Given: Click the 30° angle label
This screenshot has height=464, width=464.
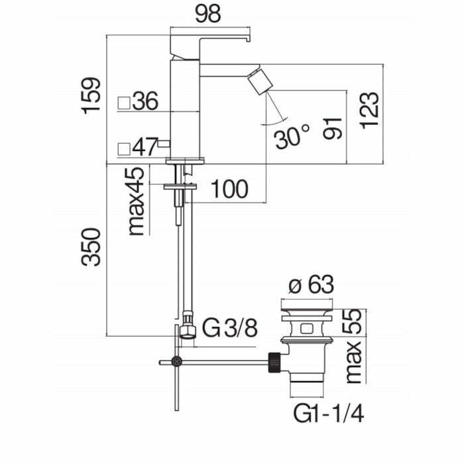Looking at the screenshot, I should click(292, 138).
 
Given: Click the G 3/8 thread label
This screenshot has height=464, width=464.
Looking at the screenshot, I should click(229, 328).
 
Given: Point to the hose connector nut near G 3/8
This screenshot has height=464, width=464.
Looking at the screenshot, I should click(186, 329).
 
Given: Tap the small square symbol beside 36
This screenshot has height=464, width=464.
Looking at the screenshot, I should click(123, 103).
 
